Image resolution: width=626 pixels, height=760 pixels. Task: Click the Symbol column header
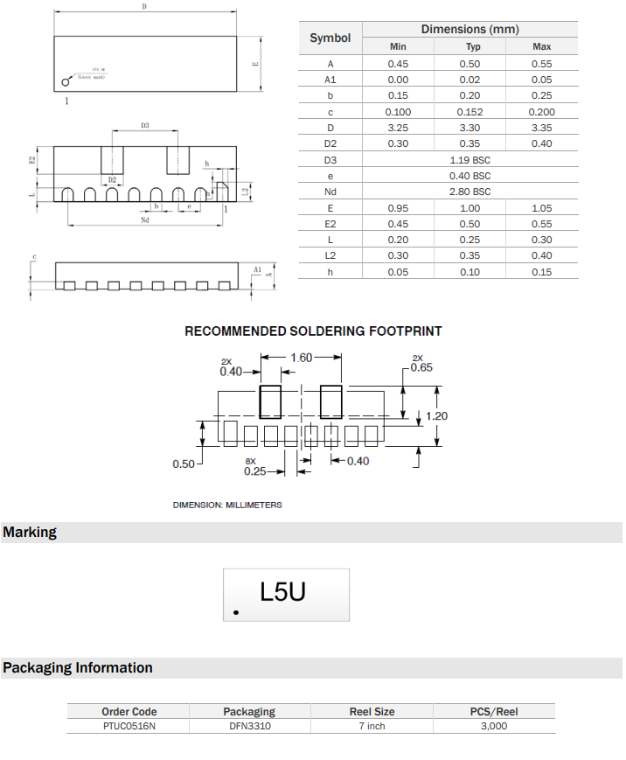pyautogui.click(x=330, y=38)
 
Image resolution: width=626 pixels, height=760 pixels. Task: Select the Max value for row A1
pyautogui.click(x=541, y=80)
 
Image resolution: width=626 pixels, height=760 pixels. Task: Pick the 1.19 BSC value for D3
pyautogui.click(x=469, y=160)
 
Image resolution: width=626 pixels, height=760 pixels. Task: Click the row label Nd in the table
pyautogui.click(x=330, y=192)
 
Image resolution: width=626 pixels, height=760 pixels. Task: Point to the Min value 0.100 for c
pyautogui.click(x=398, y=112)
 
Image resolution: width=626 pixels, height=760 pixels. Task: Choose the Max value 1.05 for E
pyautogui.click(x=541, y=208)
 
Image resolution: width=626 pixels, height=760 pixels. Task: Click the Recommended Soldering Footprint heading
pyautogui.click(x=313, y=331)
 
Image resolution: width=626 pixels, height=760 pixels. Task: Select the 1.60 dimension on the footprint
pyautogui.click(x=301, y=357)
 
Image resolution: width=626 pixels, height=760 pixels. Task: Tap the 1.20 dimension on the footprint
pyautogui.click(x=436, y=415)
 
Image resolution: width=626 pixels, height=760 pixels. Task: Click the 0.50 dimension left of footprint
pyautogui.click(x=184, y=464)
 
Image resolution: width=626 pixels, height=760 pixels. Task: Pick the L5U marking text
pyautogui.click(x=283, y=592)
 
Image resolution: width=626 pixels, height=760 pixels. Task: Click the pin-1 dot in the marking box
pyautogui.click(x=235, y=613)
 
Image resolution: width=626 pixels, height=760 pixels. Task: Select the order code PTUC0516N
pyautogui.click(x=129, y=726)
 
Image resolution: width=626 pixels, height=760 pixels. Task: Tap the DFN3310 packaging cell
pyautogui.click(x=249, y=726)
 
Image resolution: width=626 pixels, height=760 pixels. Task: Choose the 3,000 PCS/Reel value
pyautogui.click(x=494, y=726)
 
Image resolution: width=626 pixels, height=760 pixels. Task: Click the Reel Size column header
pyautogui.click(x=372, y=711)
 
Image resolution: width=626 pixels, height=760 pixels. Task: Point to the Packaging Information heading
pyautogui.click(x=78, y=668)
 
